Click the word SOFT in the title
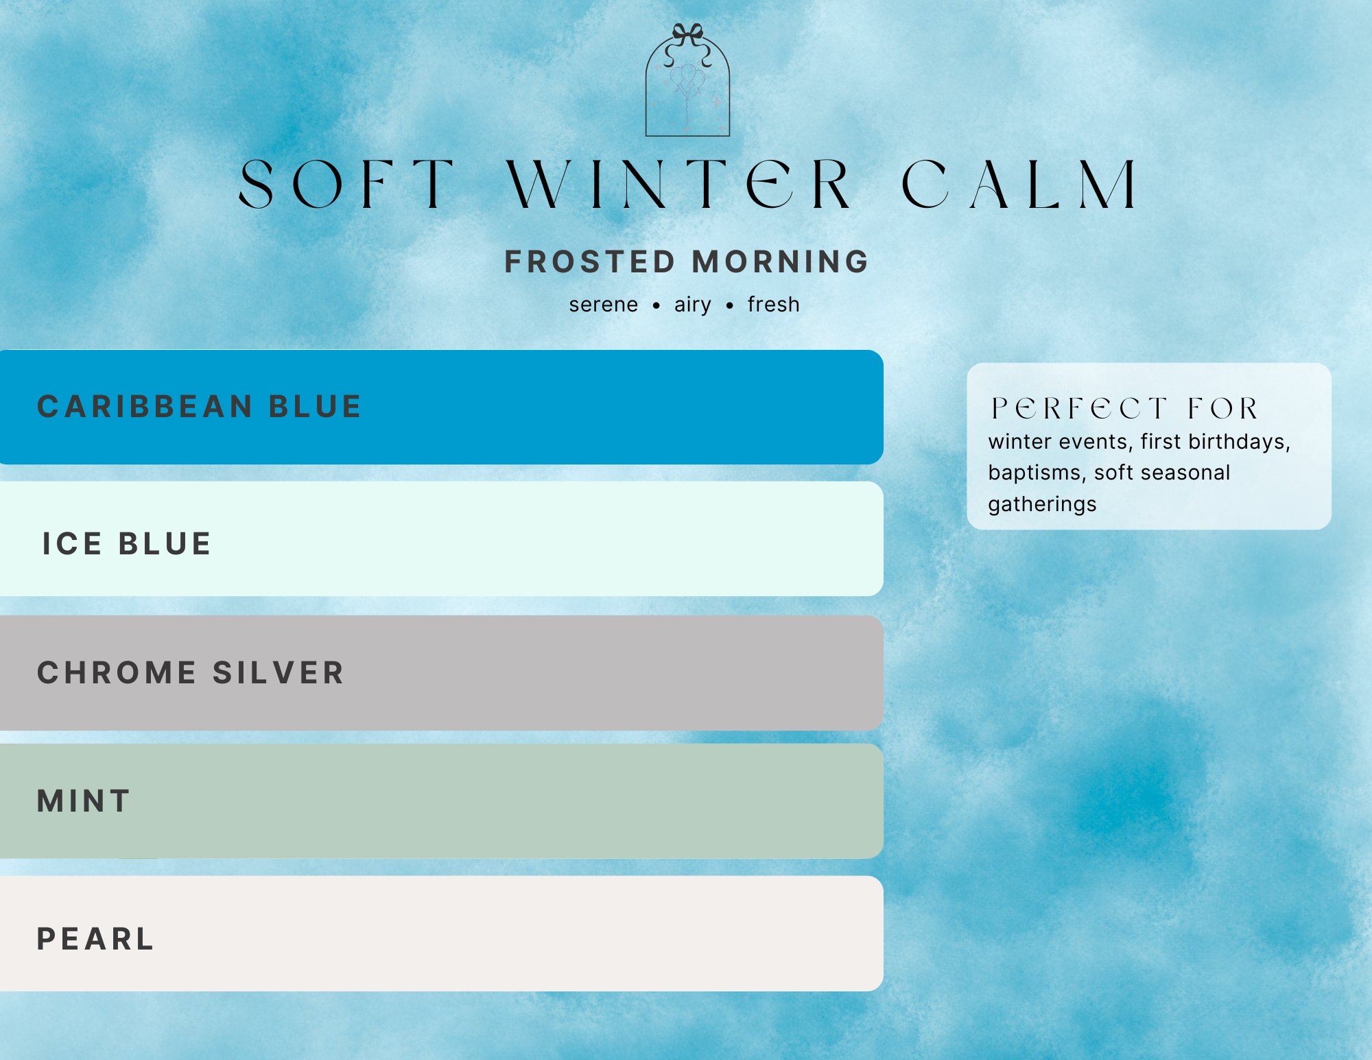tap(346, 184)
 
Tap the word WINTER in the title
tap(679, 184)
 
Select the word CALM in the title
tap(1019, 184)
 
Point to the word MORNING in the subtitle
tap(781, 262)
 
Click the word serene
tap(604, 305)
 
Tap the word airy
tap(693, 305)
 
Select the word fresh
tap(774, 305)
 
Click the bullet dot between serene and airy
tap(657, 306)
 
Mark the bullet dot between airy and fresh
tap(730, 306)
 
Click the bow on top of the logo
tap(687, 34)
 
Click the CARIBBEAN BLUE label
tap(199, 407)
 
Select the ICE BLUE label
tap(127, 544)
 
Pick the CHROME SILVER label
tap(191, 673)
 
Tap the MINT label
tap(84, 801)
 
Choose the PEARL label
tap(95, 939)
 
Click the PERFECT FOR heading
tap(1125, 409)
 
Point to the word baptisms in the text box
tap(1034, 473)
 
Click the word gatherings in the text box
tap(1042, 504)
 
